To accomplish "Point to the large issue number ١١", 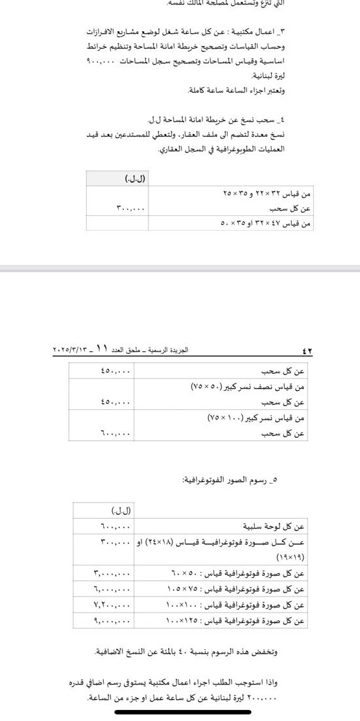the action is tap(99, 350).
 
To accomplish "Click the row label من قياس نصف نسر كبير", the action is tap(248, 386).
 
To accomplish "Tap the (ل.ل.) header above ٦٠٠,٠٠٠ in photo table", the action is tap(122, 512).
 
